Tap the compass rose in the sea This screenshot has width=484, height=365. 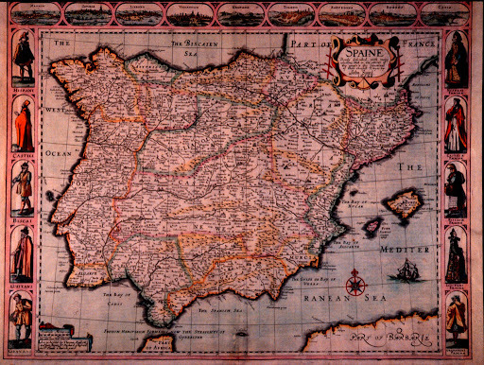point(356,282)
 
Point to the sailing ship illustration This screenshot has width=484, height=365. point(404,272)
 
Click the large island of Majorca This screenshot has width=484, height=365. point(404,201)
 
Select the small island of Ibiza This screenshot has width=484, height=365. point(372,227)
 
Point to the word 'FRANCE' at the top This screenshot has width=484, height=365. point(414,43)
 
